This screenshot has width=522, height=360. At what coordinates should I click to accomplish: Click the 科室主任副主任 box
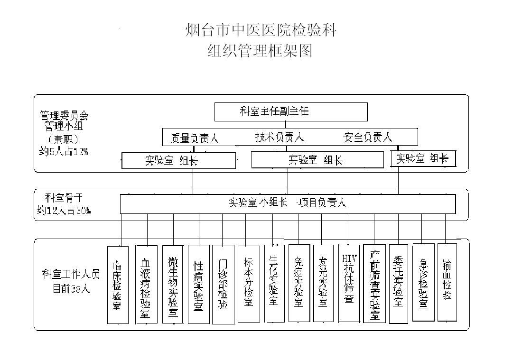pyautogui.click(x=291, y=112)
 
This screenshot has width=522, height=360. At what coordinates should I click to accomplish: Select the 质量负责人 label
pyautogui.click(x=194, y=138)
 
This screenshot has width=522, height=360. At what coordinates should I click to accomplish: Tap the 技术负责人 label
pyautogui.click(x=280, y=138)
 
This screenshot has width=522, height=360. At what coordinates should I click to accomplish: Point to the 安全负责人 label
pyautogui.click(x=367, y=138)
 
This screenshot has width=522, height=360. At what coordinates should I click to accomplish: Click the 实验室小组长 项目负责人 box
pyautogui.click(x=288, y=203)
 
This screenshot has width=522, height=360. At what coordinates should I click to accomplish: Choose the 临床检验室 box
pyautogui.click(x=117, y=285)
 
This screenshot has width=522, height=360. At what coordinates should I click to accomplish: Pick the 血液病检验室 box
pyautogui.click(x=146, y=285)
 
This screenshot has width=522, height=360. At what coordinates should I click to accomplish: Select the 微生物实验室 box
pyautogui.click(x=173, y=285)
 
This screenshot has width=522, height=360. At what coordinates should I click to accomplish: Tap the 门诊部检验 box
pyautogui.click(x=223, y=285)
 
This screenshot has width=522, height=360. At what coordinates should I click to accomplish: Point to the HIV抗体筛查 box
pyautogui.click(x=349, y=283)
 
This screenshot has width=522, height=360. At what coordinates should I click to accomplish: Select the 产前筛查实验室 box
pyautogui.click(x=374, y=283)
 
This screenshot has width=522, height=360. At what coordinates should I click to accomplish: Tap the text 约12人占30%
pyautogui.click(x=64, y=210)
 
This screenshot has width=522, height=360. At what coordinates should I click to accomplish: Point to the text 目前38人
pyautogui.click(x=71, y=288)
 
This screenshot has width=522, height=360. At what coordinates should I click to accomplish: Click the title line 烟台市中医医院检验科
pyautogui.click(x=261, y=31)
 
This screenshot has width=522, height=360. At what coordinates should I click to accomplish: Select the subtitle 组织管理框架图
pyautogui.click(x=261, y=50)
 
